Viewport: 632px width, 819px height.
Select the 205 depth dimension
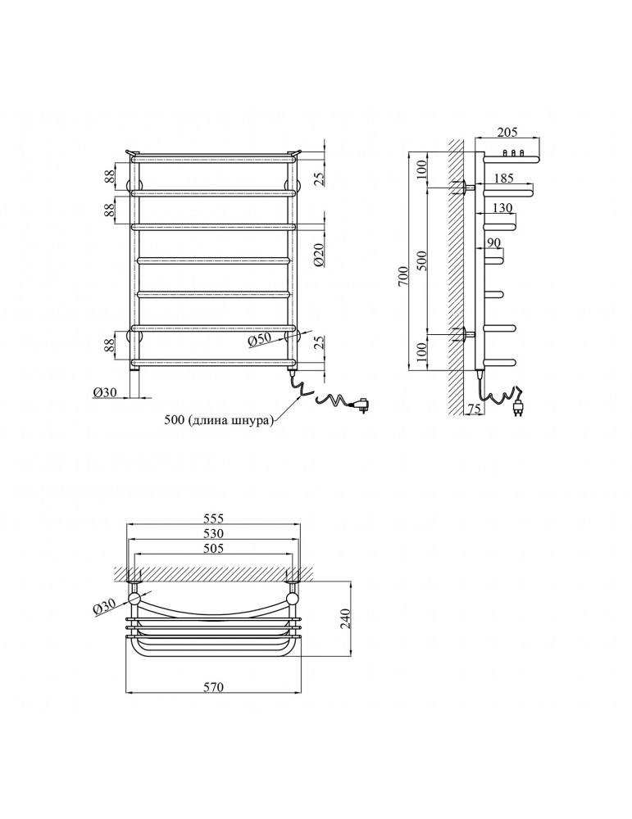(507, 132)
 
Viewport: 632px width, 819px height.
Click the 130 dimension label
(502, 208)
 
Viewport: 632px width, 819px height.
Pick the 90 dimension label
(493, 243)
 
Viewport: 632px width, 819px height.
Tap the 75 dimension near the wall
(473, 409)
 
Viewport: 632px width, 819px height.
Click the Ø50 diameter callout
(259, 340)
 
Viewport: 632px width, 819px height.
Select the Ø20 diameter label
(319, 256)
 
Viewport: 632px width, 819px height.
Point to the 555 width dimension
(213, 518)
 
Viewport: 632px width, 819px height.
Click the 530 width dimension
(213, 533)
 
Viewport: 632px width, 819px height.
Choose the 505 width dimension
(213, 548)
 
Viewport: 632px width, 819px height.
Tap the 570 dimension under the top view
(213, 686)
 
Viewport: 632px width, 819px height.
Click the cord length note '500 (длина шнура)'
(219, 420)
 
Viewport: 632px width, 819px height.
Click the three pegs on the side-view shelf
(513, 153)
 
